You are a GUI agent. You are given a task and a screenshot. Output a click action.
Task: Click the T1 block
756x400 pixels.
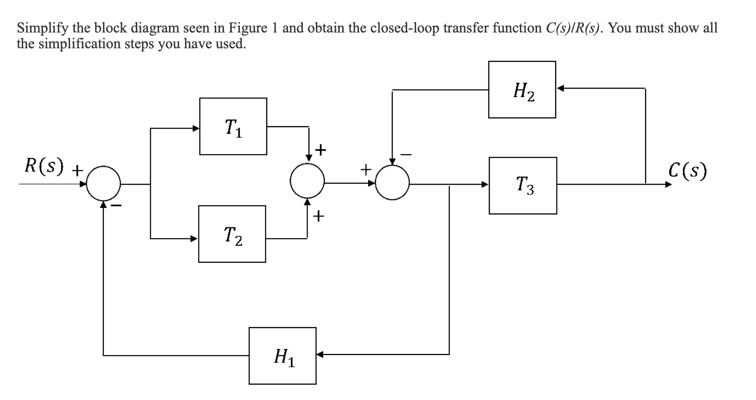(233, 126)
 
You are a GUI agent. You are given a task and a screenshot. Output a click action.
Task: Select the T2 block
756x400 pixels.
(232, 234)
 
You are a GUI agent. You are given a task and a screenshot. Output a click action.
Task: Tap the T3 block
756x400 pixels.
(523, 185)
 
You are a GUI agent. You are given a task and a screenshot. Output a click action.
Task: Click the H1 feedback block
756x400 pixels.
(282, 356)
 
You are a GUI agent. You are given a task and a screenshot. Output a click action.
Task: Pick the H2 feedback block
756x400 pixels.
(522, 90)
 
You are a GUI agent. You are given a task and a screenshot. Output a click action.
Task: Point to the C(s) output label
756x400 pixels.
(688, 170)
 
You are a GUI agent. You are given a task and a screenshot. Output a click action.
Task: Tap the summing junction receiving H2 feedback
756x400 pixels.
(392, 182)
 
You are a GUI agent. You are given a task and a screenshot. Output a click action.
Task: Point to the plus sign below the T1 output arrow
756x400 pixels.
(320, 150)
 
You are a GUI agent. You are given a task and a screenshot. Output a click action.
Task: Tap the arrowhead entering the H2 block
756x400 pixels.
(560, 88)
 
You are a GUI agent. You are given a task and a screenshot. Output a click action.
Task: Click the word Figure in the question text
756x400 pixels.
(248, 28)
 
